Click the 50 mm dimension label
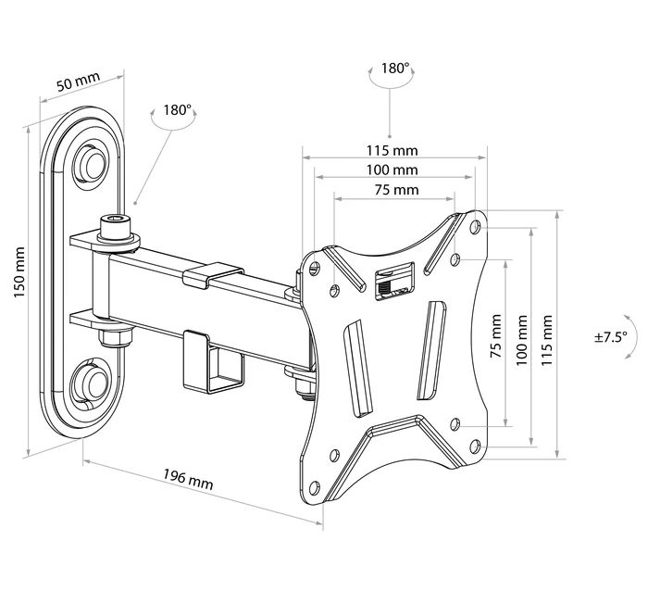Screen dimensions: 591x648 (78, 82)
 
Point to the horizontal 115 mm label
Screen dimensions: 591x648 (393, 150)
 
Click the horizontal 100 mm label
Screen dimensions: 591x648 (393, 170)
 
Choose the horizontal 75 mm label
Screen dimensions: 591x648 (395, 190)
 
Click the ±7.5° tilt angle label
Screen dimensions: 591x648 (612, 337)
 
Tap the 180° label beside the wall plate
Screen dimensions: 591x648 (177, 109)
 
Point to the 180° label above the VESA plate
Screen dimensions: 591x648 (394, 69)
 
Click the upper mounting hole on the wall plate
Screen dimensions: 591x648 (91, 160)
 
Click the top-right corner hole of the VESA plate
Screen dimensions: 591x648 (475, 225)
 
